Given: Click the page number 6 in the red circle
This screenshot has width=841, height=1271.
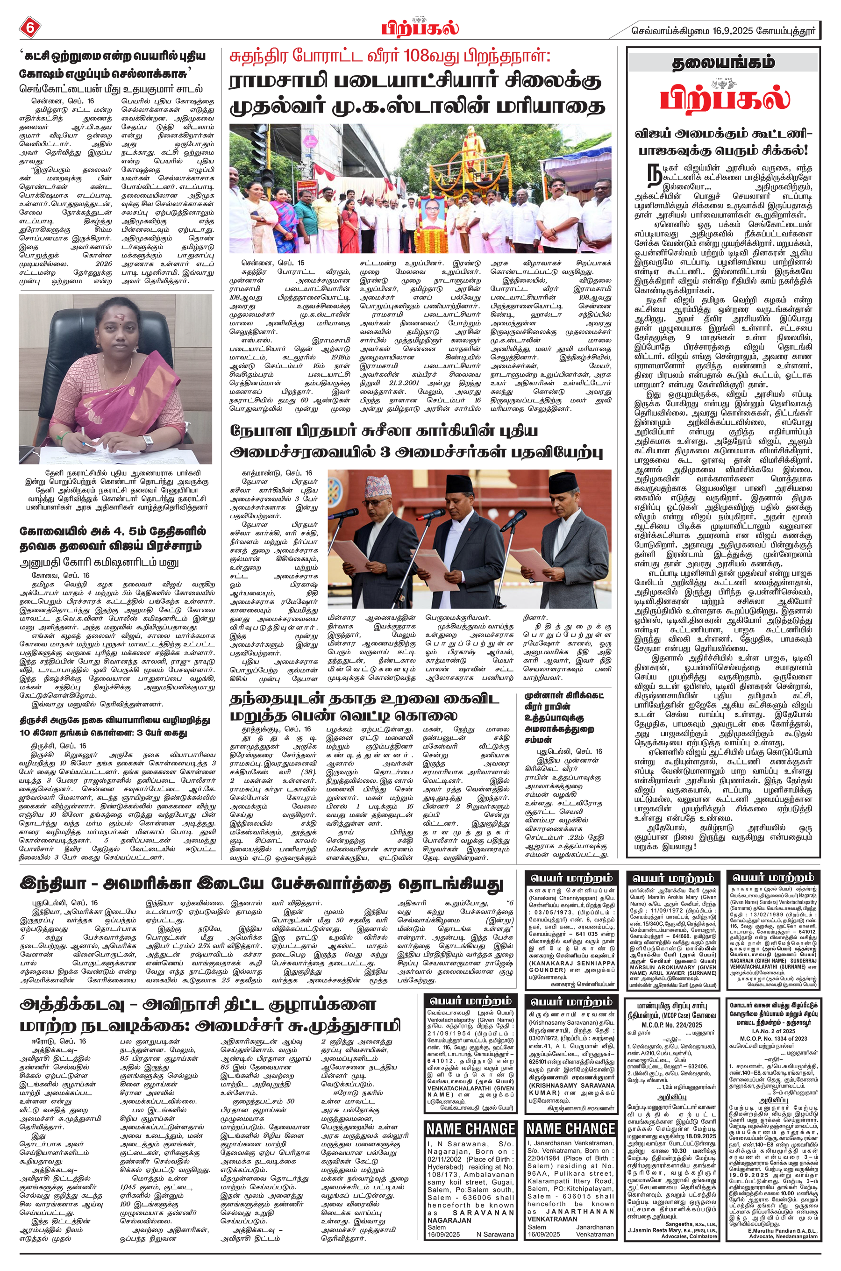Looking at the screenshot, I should (29, 28).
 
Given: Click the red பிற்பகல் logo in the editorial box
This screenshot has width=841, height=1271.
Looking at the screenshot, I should (724, 98).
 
